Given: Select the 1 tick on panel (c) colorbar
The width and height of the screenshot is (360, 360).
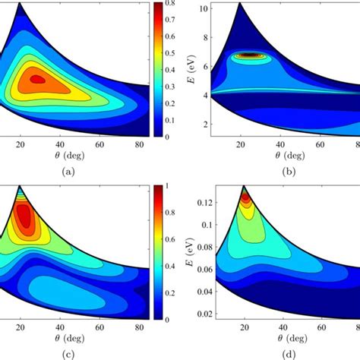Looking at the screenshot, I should point(170,185).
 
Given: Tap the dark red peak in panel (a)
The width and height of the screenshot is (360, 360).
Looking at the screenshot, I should point(36,77).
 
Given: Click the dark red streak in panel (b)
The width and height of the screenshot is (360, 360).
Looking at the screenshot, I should point(248,55).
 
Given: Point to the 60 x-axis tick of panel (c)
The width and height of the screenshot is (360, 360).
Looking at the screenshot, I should point(100,327).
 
